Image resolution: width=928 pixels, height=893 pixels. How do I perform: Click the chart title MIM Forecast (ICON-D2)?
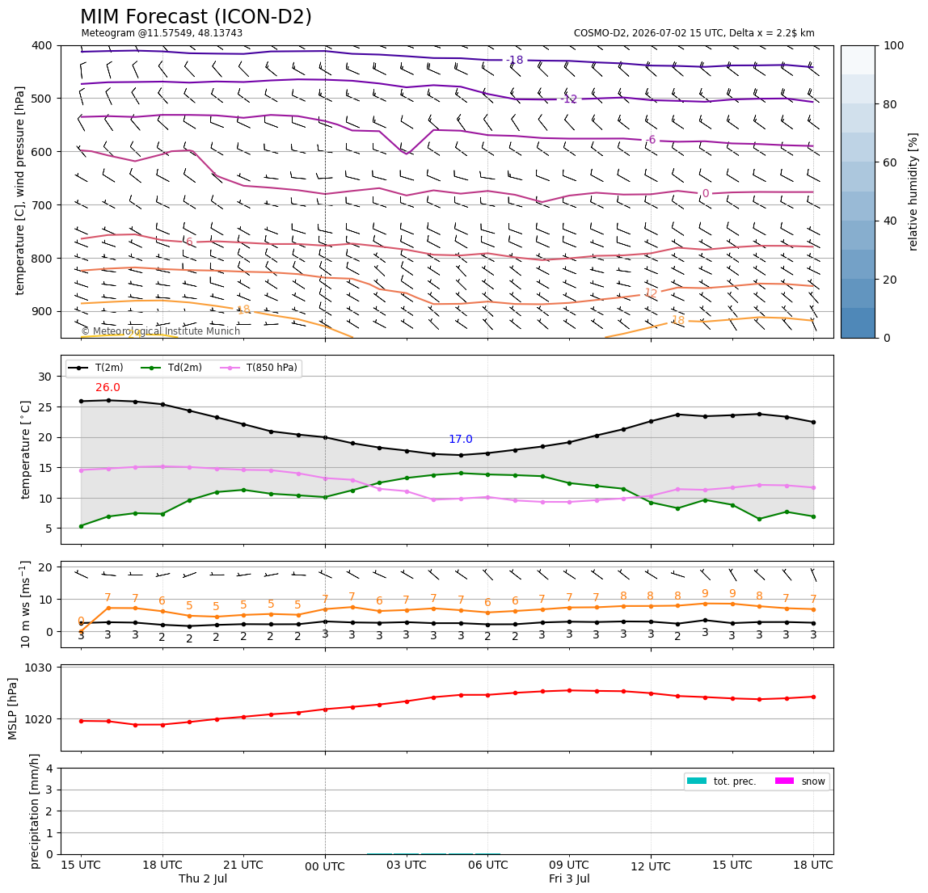click(x=196, y=16)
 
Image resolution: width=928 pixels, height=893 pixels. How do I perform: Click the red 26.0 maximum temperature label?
click(x=108, y=388)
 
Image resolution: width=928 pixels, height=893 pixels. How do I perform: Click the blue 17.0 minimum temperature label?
click(x=461, y=439)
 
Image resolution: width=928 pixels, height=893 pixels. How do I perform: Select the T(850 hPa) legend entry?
click(x=259, y=368)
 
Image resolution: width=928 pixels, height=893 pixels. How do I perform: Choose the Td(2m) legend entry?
click(x=171, y=368)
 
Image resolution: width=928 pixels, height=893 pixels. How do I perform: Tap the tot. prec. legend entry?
click(x=721, y=781)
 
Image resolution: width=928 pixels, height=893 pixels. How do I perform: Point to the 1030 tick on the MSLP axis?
click(x=39, y=668)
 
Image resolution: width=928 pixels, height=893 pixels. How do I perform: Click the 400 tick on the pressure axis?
click(x=43, y=45)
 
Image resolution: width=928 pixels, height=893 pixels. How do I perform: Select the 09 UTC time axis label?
click(x=569, y=865)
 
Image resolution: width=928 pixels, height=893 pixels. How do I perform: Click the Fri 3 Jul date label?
click(x=569, y=878)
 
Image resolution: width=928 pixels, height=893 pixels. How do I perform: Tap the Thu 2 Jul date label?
click(x=203, y=878)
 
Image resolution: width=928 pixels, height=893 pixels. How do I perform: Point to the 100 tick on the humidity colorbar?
click(x=894, y=45)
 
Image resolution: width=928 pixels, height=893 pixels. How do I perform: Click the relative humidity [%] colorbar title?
click(x=913, y=192)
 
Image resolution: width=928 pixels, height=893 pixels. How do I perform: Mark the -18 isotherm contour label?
click(x=514, y=60)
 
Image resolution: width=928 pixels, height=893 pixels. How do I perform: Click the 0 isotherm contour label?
click(x=706, y=193)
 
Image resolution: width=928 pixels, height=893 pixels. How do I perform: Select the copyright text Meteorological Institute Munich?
click(x=160, y=331)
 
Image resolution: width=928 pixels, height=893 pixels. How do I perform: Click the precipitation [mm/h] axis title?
click(x=34, y=811)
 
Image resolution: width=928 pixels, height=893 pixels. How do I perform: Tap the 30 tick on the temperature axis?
click(x=45, y=377)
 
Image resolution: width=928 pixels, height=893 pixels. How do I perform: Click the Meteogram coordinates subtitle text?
click(x=162, y=33)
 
